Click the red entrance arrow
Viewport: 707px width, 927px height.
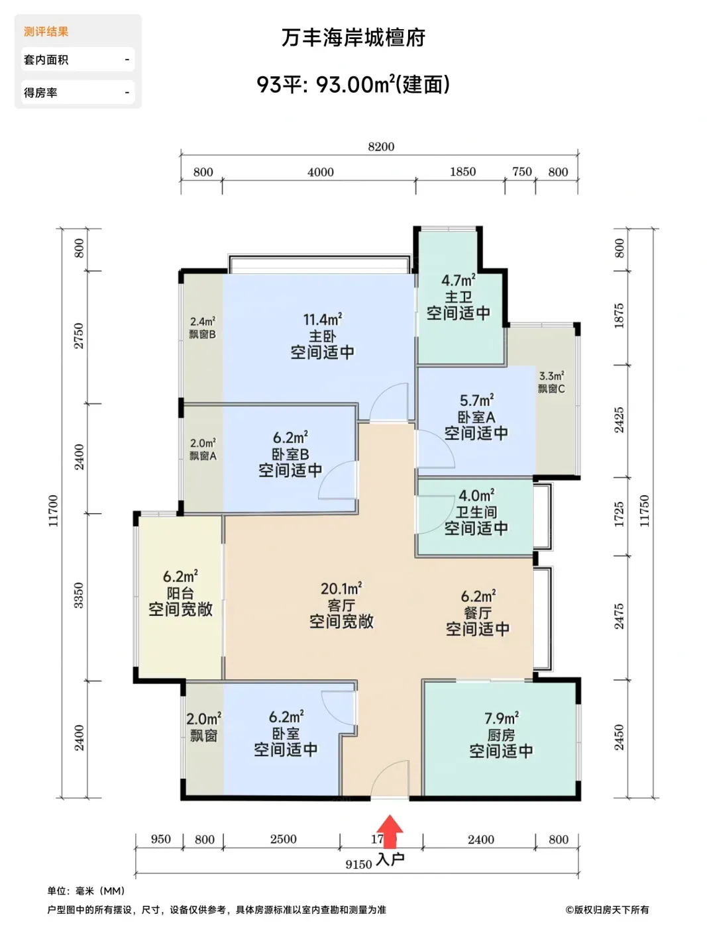pos(389,831)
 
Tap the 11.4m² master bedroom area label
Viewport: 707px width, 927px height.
pos(323,319)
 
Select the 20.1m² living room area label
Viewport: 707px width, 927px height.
pos(341,588)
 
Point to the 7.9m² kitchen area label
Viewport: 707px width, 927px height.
pos(501,718)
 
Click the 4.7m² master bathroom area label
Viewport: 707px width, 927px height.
pos(458,279)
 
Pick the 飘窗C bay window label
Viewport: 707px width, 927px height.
pos(551,389)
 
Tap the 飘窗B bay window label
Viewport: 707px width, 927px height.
pos(202,334)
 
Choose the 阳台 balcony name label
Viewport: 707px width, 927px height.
pos(180,593)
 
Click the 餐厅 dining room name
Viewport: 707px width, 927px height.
pos(478,612)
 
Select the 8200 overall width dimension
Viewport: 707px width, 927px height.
pos(381,146)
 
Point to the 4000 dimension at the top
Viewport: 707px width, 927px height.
pos(320,172)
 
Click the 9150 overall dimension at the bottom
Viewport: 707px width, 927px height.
pos(358,865)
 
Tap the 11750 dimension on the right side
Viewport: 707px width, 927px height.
pos(644,511)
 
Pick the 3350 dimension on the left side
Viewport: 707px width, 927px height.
pos(79,595)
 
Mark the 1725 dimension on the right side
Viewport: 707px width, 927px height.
pos(618,514)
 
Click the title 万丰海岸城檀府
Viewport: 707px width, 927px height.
pos(353,38)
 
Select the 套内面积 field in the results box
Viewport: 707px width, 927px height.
pos(78,60)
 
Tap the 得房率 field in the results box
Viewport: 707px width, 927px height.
pos(78,93)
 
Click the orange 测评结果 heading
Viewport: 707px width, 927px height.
pos(46,32)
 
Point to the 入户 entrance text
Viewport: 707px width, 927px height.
pos(390,859)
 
